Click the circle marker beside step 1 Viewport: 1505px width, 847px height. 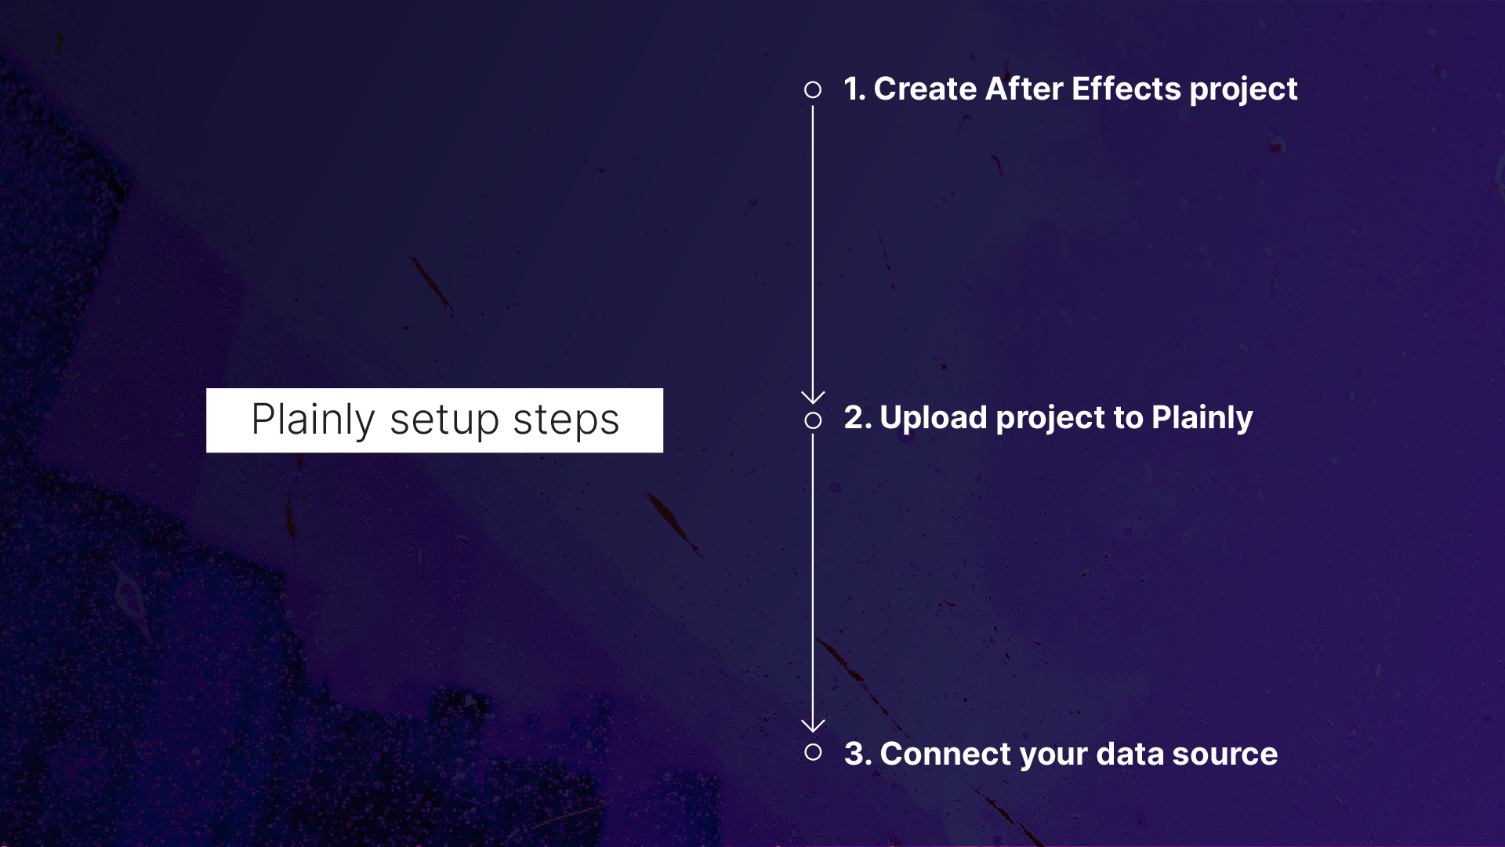pyautogui.click(x=813, y=90)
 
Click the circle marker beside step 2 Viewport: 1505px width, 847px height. pyautogui.click(x=813, y=421)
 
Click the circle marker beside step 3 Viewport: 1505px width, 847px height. pyautogui.click(x=813, y=753)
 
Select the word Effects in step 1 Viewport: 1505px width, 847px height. pyautogui.click(x=1126, y=89)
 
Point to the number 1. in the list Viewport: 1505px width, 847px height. pyautogui.click(x=854, y=89)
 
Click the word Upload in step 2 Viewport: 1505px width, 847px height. pyautogui.click(x=933, y=418)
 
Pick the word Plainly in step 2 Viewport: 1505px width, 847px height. pyautogui.click(x=1202, y=418)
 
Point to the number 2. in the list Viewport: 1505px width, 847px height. pyautogui.click(x=857, y=418)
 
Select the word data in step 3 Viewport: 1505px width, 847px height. pyautogui.click(x=1129, y=754)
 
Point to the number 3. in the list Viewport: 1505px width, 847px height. pyautogui.click(x=857, y=754)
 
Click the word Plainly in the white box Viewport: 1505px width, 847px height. pyautogui.click(x=313, y=420)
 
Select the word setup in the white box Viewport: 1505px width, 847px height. pyautogui.click(x=444, y=420)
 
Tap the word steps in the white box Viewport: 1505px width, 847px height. pyautogui.click(x=566, y=420)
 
